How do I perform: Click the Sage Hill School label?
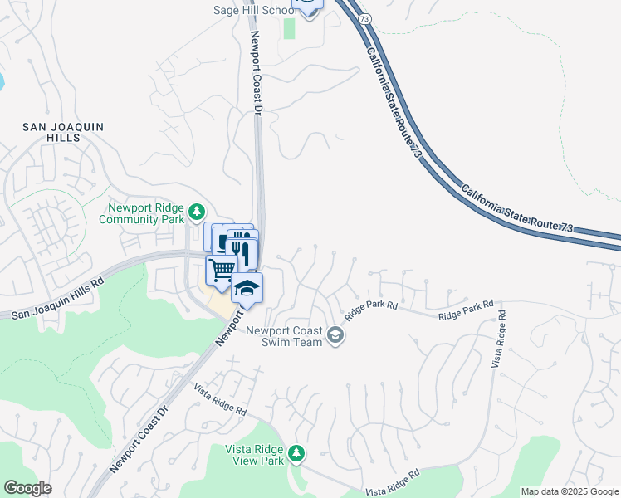click(x=254, y=10)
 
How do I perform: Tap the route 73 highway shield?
click(x=364, y=18)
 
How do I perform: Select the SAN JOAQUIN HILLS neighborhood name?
click(x=51, y=132)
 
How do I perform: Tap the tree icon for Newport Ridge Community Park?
click(x=197, y=210)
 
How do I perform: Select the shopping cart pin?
click(x=221, y=270)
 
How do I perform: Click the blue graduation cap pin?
click(x=247, y=287)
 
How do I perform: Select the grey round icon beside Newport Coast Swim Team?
click(x=335, y=335)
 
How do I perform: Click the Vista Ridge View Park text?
click(x=255, y=455)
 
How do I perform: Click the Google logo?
click(x=28, y=488)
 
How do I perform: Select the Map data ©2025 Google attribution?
click(x=570, y=491)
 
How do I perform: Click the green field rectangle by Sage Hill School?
click(x=289, y=27)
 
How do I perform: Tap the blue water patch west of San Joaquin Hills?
click(x=2, y=81)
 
